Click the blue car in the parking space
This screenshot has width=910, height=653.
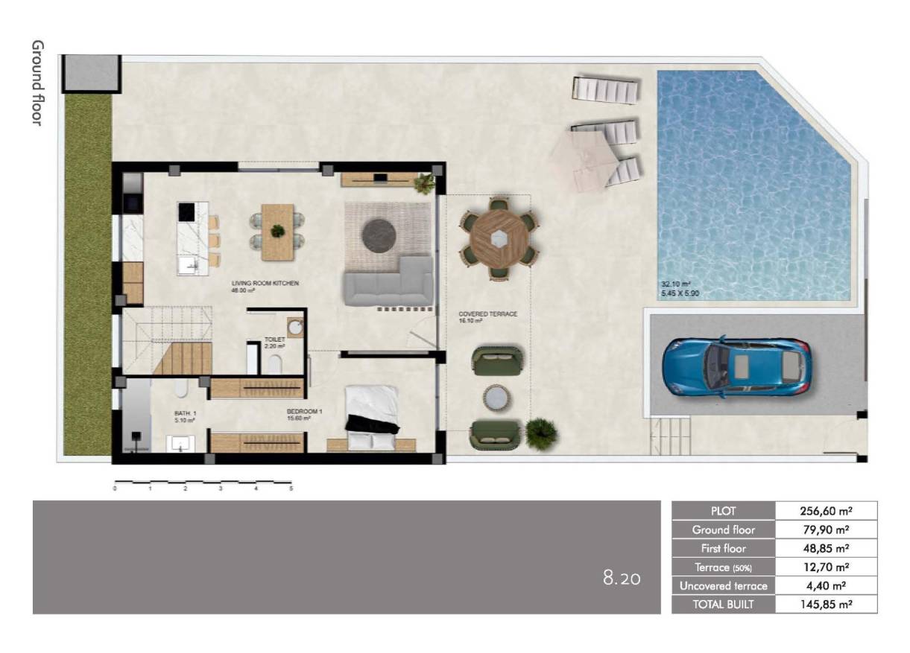pos(736,366)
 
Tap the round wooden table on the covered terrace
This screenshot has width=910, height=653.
pos(498,238)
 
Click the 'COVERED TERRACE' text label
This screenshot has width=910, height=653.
pos(487,314)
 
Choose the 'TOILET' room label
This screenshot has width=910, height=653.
pos(274,340)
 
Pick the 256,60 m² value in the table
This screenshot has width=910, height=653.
pos(826,511)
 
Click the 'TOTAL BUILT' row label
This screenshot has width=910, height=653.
pos(723,604)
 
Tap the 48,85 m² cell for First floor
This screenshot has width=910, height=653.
pos(826,548)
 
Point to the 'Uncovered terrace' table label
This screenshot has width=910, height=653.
pos(723,585)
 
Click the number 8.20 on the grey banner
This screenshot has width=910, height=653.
pos(621,577)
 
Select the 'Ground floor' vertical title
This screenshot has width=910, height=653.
pos(37,83)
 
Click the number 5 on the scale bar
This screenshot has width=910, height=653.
pos(291,489)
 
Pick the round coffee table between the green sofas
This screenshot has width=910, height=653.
pos(495,397)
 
